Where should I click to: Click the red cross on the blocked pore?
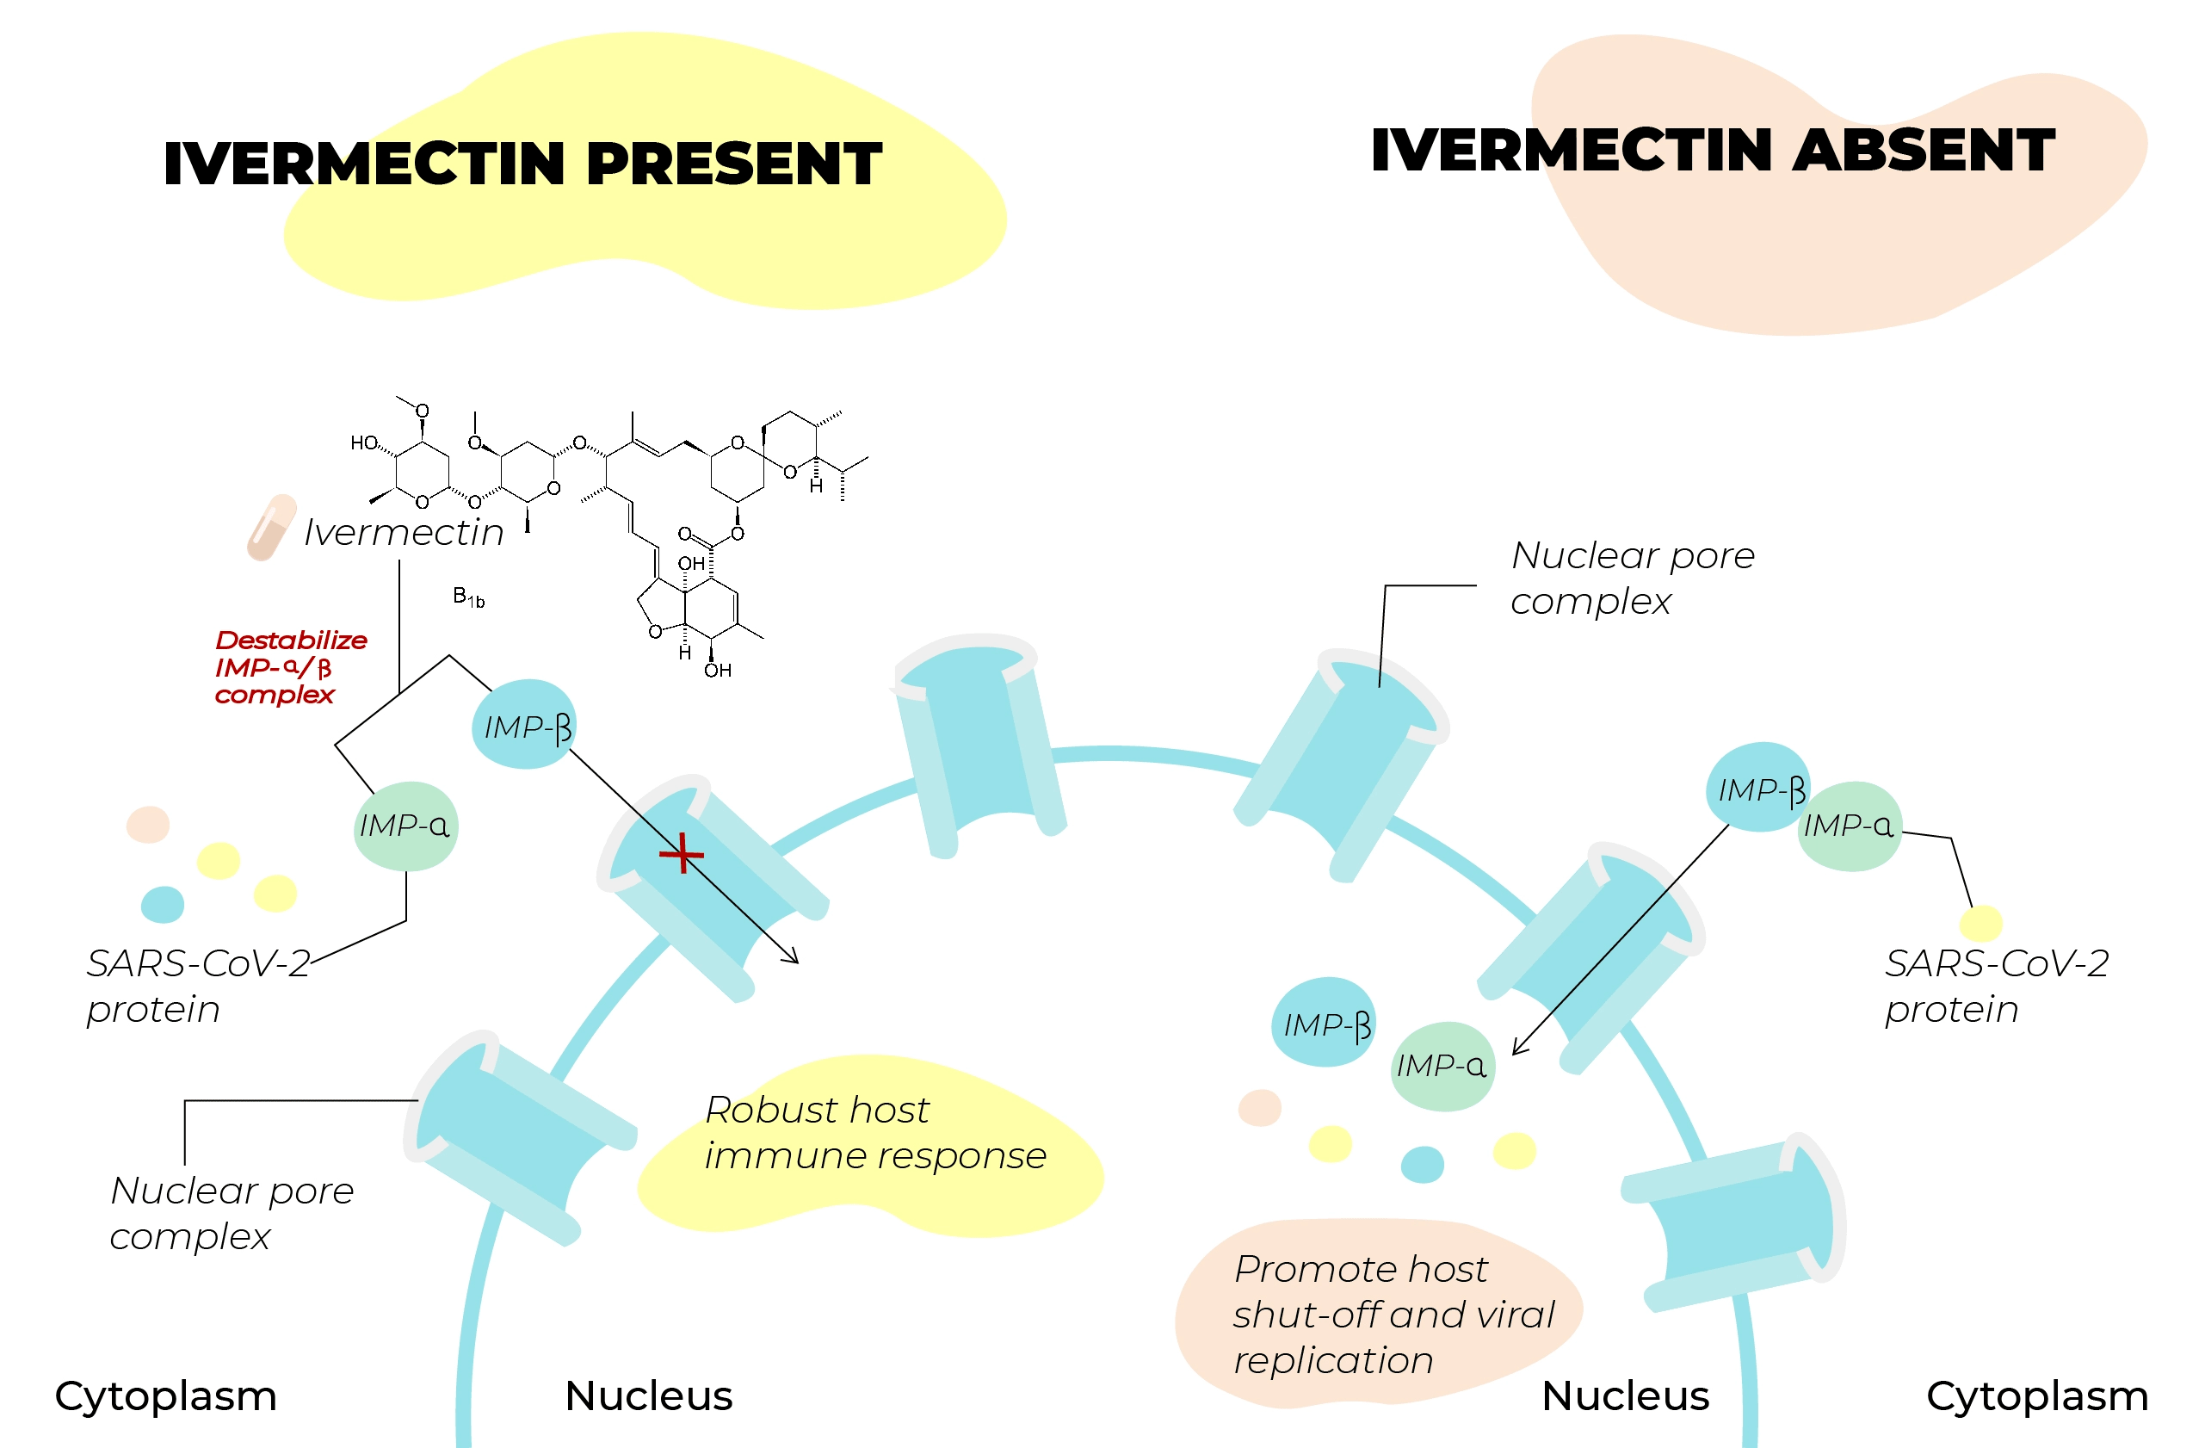point(682,853)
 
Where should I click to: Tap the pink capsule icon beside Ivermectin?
point(270,527)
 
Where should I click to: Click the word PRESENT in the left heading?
point(734,164)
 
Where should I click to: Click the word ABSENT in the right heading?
point(1924,151)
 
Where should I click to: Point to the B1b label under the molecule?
point(469,597)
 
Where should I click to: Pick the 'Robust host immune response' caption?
point(874,1132)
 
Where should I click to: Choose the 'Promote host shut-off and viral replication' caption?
point(1393,1314)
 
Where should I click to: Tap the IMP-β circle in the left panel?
point(524,725)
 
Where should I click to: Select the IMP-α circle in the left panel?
point(405,826)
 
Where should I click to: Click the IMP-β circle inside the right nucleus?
point(1323,1023)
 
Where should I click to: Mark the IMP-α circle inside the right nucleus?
point(1442,1066)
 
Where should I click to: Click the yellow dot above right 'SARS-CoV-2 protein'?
point(1980,924)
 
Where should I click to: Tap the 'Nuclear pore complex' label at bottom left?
point(232,1213)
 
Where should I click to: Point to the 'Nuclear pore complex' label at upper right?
point(1633,579)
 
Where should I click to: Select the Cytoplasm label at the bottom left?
point(166,1395)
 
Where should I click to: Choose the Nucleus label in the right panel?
point(1625,1395)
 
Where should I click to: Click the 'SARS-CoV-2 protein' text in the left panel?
point(198,986)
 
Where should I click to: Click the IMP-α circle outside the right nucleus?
point(1850,826)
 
